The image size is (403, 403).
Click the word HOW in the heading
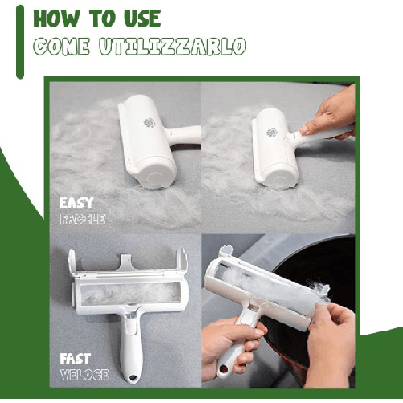(57, 19)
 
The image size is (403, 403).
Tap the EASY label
(78, 203)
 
